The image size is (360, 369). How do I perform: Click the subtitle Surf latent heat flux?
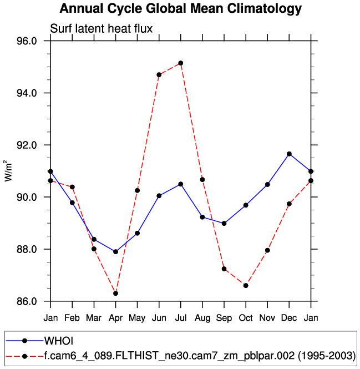tap(101, 29)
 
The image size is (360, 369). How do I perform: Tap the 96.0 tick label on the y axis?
tap(27, 41)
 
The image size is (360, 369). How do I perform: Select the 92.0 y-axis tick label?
tap(27, 145)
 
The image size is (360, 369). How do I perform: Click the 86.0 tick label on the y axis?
tap(27, 302)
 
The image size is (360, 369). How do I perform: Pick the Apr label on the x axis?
tap(115, 318)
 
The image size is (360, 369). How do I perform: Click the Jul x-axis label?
tap(181, 318)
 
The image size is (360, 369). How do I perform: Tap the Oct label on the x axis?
tap(246, 318)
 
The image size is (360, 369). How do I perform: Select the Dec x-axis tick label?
tap(289, 318)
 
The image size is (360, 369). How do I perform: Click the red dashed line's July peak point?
tap(181, 63)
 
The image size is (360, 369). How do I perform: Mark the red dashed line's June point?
tap(159, 74)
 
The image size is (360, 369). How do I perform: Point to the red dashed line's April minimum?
tap(115, 293)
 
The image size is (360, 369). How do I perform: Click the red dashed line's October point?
tap(246, 285)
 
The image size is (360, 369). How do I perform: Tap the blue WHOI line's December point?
tap(289, 154)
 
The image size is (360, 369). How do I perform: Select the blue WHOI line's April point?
tap(115, 252)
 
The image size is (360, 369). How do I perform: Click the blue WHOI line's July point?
tap(181, 184)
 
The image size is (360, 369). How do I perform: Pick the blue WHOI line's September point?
tap(224, 223)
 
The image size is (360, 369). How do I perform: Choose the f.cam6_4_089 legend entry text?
tap(200, 356)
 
